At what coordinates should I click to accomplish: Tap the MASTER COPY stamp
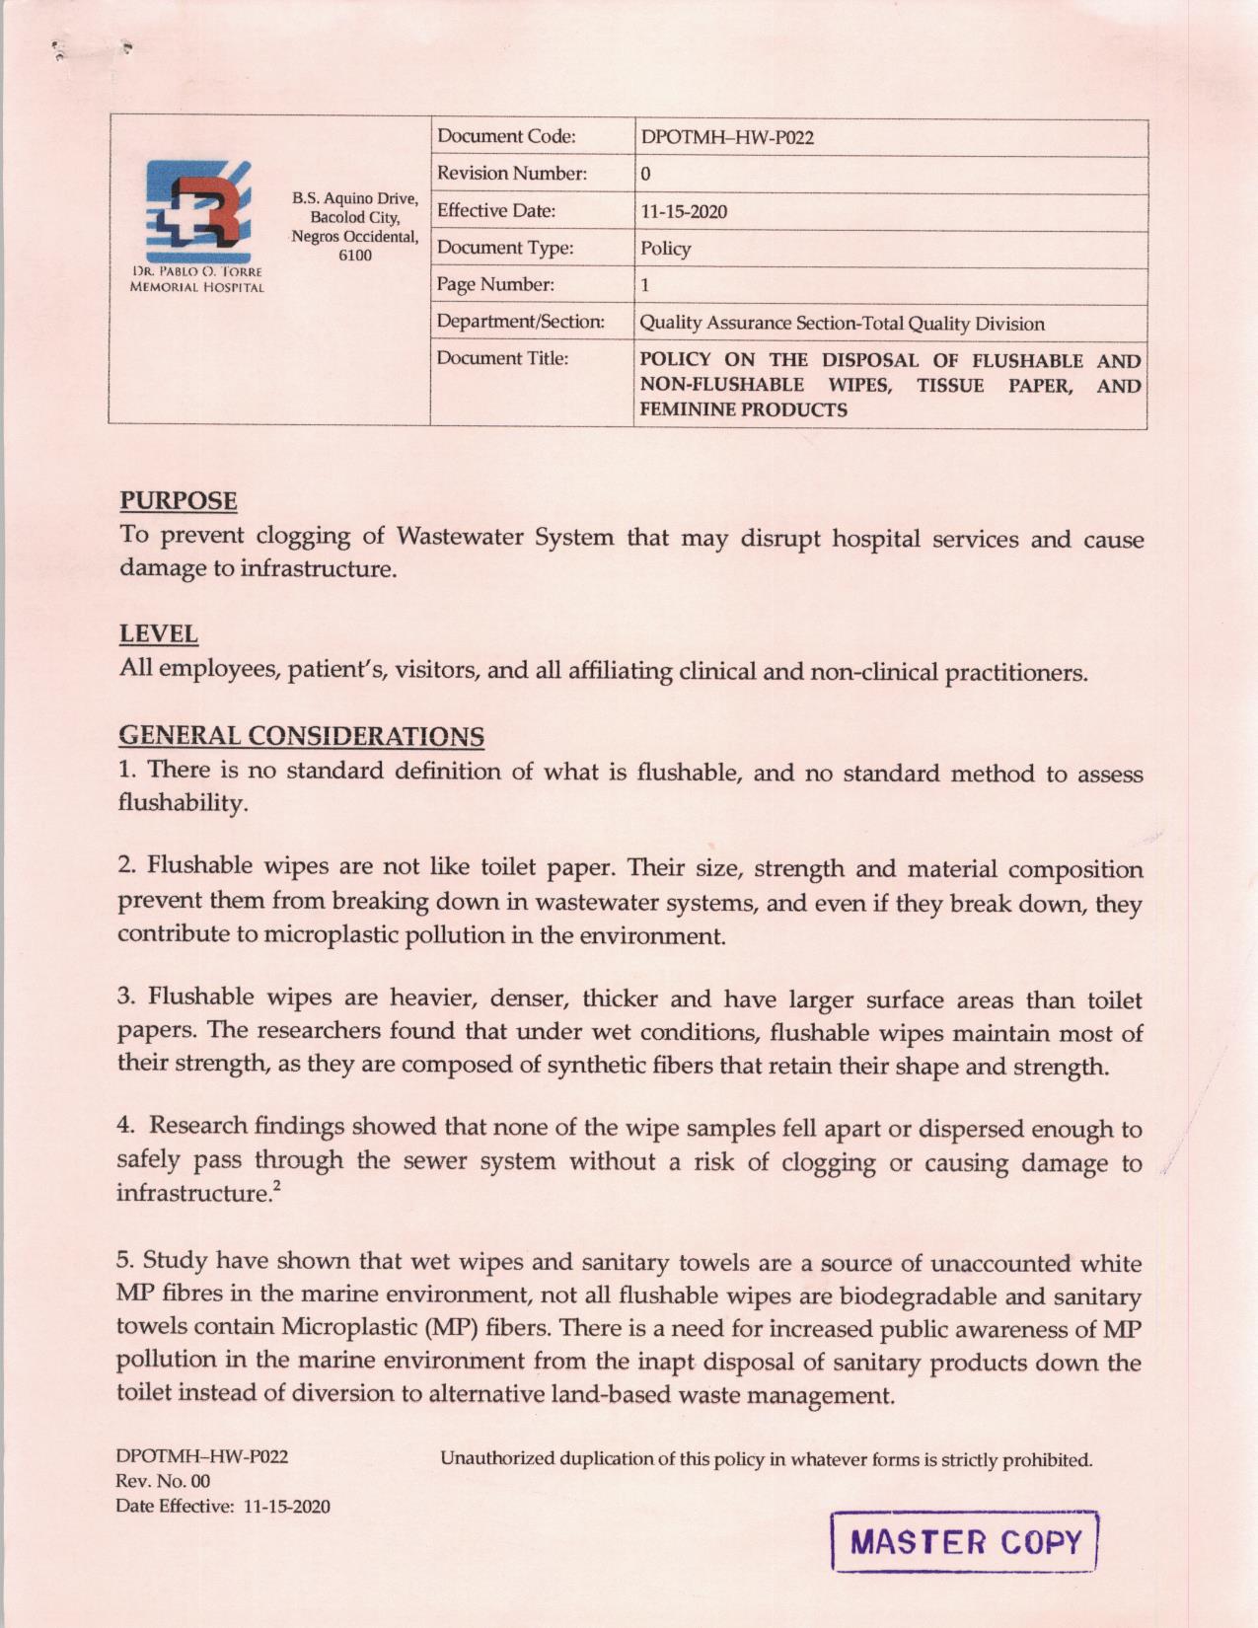(x=965, y=1541)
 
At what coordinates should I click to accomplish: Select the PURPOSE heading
(x=179, y=501)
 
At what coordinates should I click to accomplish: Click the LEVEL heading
(x=159, y=633)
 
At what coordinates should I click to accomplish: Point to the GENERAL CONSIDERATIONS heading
(x=301, y=736)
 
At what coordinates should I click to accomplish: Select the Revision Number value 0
(x=645, y=175)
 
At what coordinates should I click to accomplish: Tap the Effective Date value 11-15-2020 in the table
(x=684, y=212)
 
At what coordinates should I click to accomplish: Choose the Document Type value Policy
(x=665, y=249)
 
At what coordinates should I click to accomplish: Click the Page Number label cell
(x=495, y=285)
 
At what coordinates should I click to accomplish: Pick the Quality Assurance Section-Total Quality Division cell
(x=842, y=324)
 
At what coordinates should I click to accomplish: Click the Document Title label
(x=502, y=358)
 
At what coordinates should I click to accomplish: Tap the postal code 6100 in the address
(x=355, y=256)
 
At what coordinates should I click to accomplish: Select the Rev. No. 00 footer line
(x=163, y=1481)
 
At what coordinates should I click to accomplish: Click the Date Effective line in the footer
(x=223, y=1507)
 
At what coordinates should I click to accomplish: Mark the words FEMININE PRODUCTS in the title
(x=743, y=410)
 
